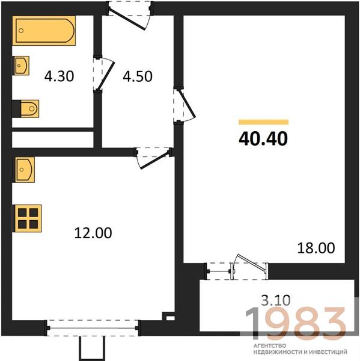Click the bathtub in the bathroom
coord(44,31)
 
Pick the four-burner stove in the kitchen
coord(28,218)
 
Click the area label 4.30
coord(59,76)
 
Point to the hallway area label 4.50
coord(138,76)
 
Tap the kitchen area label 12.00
coord(93,233)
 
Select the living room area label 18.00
coord(316,248)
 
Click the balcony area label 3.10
coord(276,300)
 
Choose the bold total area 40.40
coord(263,138)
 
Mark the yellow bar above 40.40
coord(264,122)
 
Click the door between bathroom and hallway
coord(103,73)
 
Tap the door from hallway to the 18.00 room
coord(184,105)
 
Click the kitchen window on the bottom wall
coord(93,328)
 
